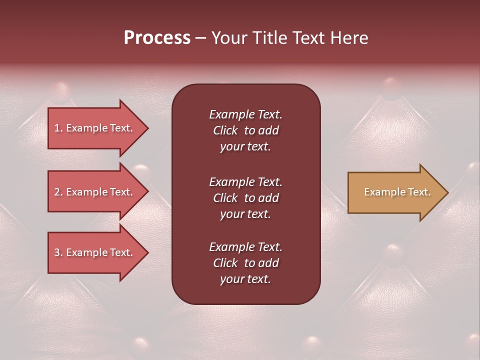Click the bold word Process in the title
coord(157,38)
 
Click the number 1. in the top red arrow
coord(58,128)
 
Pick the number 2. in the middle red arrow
coord(58,192)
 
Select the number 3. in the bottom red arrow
coord(58,252)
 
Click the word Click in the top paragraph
coord(225,130)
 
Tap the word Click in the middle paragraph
coord(225,198)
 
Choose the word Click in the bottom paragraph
coord(225,263)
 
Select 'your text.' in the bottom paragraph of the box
coord(245,279)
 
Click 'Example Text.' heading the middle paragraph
coord(245,181)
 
